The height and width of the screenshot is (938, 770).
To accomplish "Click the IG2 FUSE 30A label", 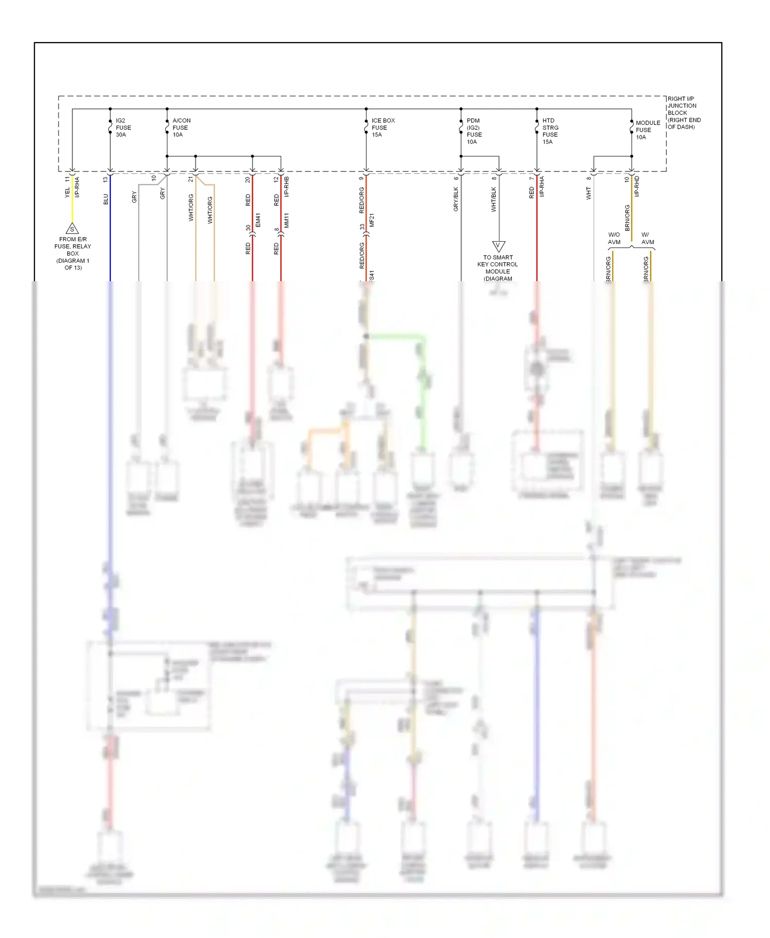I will click(x=123, y=128).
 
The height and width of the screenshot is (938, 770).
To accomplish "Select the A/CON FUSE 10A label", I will click(x=181, y=128).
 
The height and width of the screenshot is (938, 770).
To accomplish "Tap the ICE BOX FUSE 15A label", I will click(x=382, y=128).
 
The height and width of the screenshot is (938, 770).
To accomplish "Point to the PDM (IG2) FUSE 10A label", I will click(x=474, y=131).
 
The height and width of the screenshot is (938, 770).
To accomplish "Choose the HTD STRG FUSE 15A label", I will click(x=550, y=131).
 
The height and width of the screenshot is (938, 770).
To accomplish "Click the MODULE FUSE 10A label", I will click(x=647, y=130).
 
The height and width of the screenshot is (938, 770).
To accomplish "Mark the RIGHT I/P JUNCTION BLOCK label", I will click(x=683, y=113).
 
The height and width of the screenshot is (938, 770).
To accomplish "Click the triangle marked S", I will click(x=72, y=229).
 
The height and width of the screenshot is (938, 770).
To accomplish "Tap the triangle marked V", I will click(x=498, y=246).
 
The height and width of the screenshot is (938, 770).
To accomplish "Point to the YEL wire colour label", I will click(x=67, y=192).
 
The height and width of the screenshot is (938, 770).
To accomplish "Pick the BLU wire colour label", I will click(x=106, y=199).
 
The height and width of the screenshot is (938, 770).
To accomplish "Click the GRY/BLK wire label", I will click(x=456, y=199).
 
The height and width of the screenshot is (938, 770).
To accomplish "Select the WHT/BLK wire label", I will click(x=494, y=199).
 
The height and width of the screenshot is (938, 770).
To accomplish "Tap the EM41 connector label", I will click(x=258, y=220).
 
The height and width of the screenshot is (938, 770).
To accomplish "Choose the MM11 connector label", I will click(x=286, y=220).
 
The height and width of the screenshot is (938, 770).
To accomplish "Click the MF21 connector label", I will click(x=372, y=220).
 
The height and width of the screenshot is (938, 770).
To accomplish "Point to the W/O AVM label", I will click(x=614, y=239).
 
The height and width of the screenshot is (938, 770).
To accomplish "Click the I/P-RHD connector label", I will click(x=637, y=186).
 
